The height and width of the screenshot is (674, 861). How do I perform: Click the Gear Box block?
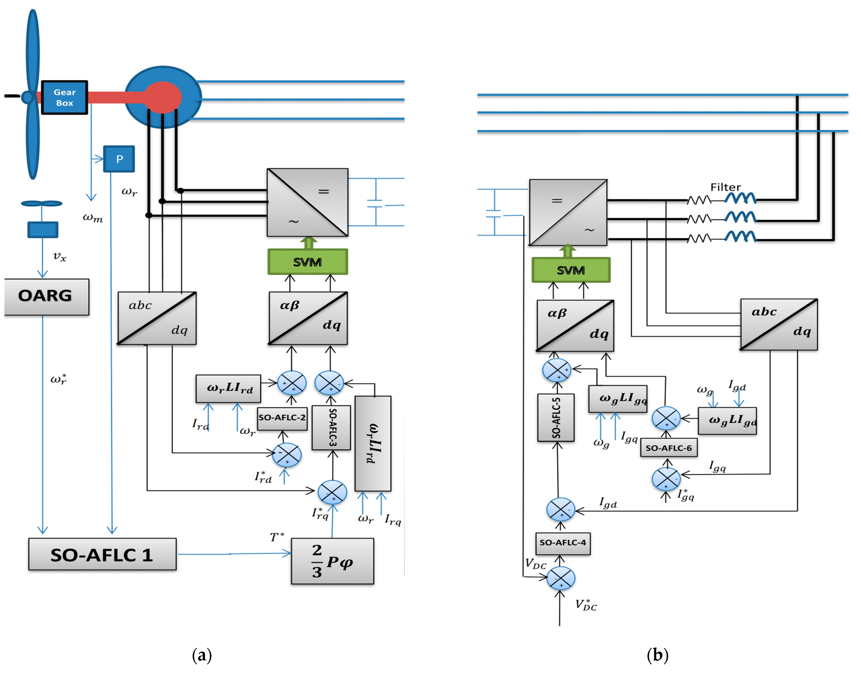pyautogui.click(x=64, y=98)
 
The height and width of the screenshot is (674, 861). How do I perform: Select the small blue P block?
pyautogui.click(x=119, y=159)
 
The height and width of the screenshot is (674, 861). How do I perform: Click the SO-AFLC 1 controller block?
pyautogui.click(x=102, y=554)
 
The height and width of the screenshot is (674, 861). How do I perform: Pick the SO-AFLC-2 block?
pyautogui.click(x=282, y=418)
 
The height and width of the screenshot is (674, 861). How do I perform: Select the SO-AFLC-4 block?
pyautogui.click(x=563, y=543)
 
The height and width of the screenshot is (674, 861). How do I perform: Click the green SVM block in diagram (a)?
pyautogui.click(x=307, y=262)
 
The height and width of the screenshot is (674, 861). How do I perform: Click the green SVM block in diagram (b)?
pyautogui.click(x=571, y=270)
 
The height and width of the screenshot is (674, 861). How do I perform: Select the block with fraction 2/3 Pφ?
pyautogui.click(x=332, y=561)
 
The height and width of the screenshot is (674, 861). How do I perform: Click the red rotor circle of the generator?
pyautogui.click(x=163, y=97)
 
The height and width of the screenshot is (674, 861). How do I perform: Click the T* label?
pyautogui.click(x=277, y=537)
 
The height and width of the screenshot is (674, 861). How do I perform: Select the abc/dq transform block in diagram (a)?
pyautogui.click(x=157, y=318)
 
